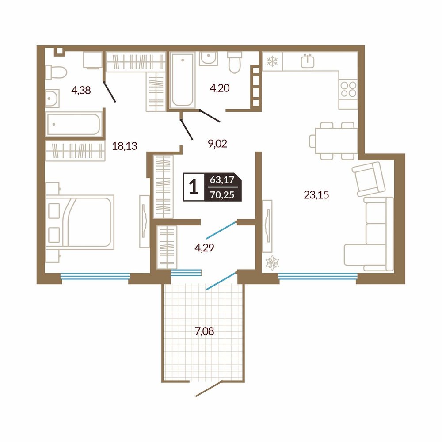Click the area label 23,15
[316, 195]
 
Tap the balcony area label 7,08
[204, 331]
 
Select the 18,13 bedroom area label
[125, 146]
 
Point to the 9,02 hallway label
[217, 144]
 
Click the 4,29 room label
[204, 248]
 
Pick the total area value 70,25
[222, 194]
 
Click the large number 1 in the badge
[194, 187]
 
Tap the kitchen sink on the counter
[308, 61]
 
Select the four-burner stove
[348, 89]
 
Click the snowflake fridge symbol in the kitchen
[272, 61]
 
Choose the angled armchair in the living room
[369, 179]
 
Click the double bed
[80, 222]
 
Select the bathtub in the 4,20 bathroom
[183, 80]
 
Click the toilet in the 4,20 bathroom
[235, 62]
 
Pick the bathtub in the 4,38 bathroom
[73, 124]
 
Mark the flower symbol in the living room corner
[272, 263]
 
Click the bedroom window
[95, 276]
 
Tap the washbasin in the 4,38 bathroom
[53, 99]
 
